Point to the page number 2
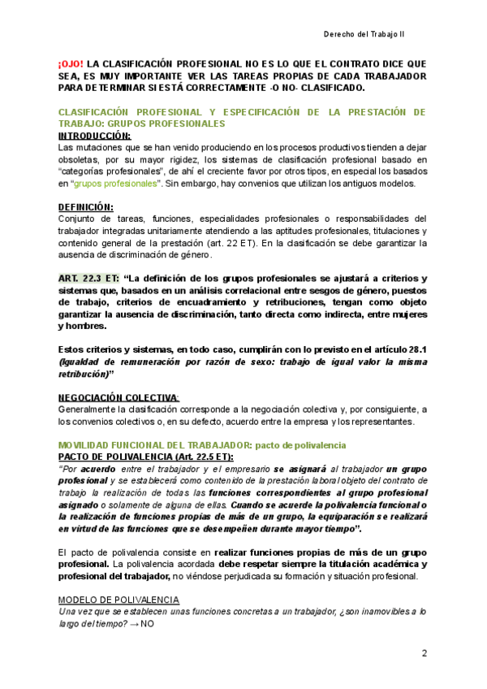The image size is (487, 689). click(424, 654)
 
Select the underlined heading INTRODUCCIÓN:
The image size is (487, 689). click(94, 136)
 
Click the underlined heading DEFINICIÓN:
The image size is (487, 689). click(86, 207)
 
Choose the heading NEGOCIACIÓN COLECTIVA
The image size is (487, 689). click(119, 397)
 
